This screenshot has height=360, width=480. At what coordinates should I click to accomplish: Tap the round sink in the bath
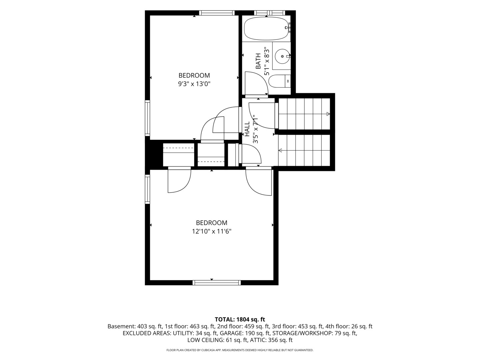tap(282, 56)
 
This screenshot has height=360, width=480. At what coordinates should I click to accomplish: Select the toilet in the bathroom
tap(279, 81)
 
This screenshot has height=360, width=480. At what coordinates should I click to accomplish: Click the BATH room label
tap(258, 61)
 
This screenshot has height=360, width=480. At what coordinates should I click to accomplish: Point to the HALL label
tap(247, 129)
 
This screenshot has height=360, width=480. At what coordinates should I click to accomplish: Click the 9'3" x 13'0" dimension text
tap(194, 84)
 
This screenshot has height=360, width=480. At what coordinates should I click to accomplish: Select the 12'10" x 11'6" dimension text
tap(212, 231)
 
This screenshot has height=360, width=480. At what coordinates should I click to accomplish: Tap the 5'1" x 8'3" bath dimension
tap(267, 61)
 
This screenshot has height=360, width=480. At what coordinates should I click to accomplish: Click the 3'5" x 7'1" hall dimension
tap(255, 129)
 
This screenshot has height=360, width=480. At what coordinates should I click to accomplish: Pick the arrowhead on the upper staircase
tap(328, 114)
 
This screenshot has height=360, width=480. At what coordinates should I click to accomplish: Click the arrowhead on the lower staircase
tap(280, 150)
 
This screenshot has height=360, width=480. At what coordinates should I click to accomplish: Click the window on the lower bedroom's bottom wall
tap(216, 283)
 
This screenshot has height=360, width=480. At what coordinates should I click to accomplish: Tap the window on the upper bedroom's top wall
tap(217, 13)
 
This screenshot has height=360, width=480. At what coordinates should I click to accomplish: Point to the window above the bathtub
tap(271, 13)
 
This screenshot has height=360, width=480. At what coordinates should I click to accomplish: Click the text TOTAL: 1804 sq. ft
tap(240, 319)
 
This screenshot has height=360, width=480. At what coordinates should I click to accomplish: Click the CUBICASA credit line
tap(240, 350)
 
